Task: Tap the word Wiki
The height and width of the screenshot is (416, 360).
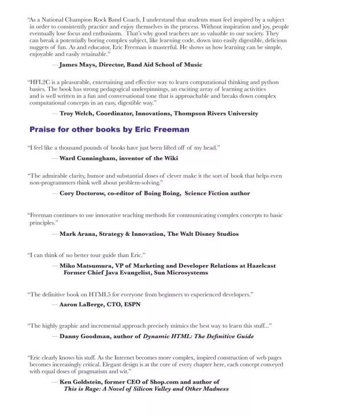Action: [170, 158]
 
